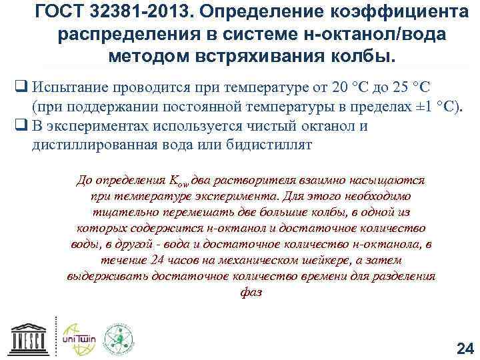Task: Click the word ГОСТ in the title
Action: pos(63,13)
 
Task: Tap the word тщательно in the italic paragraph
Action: pos(115,212)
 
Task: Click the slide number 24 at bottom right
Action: pos(464,347)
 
